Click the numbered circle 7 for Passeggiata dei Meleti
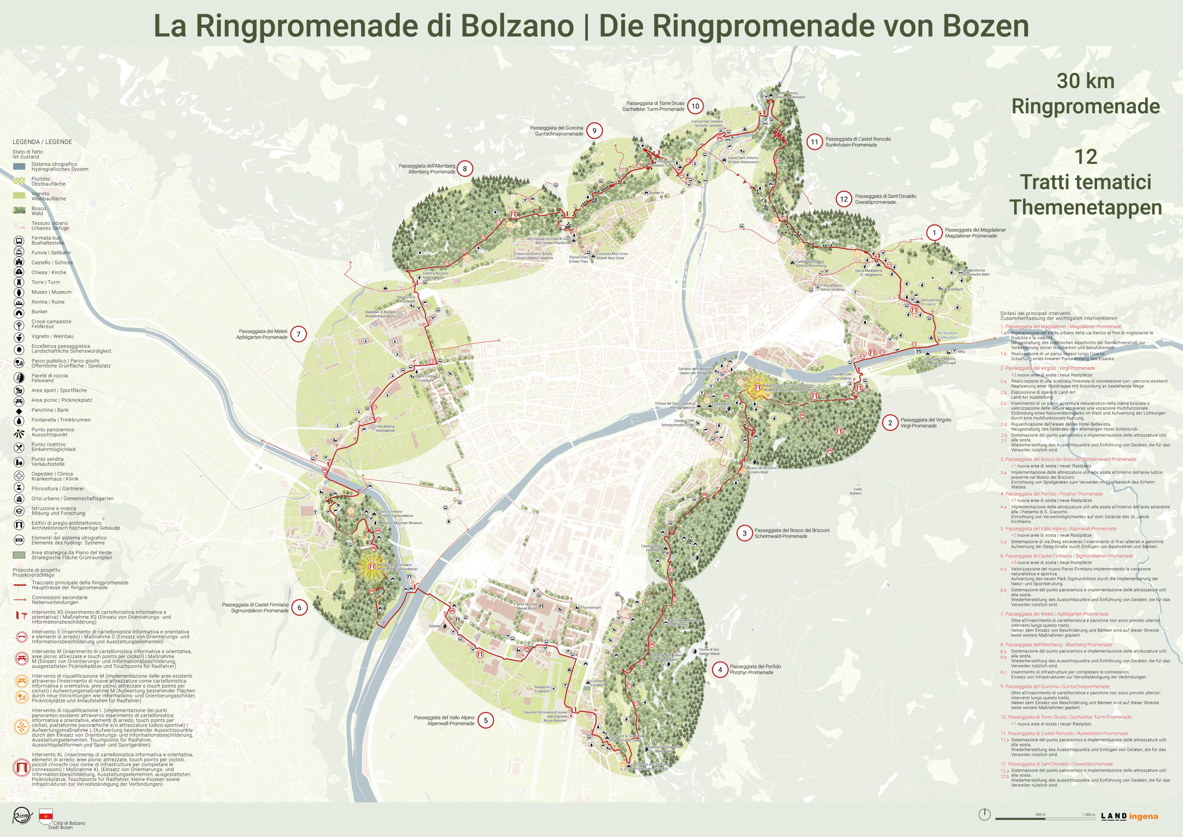pos(298,334)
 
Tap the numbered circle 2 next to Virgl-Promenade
pos(890,422)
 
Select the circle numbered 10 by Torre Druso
pos(695,106)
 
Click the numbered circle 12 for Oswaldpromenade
pos(843,199)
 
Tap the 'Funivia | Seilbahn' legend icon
pos(19,252)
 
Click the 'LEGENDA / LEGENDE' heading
pos(42,142)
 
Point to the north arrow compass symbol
pos(984,815)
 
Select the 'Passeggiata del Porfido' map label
pos(755,666)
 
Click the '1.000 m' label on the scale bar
pos(1088,815)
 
